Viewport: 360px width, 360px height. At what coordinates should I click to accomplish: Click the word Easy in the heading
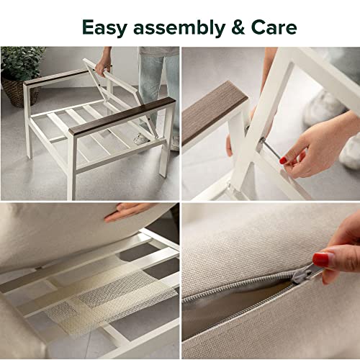click(104, 28)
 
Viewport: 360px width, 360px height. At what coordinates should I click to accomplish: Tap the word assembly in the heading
click(179, 27)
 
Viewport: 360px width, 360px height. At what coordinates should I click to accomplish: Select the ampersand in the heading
click(238, 27)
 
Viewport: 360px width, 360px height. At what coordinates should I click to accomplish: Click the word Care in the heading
click(274, 27)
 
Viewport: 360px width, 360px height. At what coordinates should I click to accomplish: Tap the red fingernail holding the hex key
click(283, 160)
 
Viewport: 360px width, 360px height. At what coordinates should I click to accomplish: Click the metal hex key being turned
click(271, 150)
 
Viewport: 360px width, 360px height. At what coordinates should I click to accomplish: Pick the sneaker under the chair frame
click(142, 140)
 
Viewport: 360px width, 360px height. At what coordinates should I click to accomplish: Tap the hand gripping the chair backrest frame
click(103, 66)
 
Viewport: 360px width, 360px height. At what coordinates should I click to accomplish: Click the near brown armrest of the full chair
click(122, 117)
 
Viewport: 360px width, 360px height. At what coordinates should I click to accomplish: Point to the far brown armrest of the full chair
click(57, 77)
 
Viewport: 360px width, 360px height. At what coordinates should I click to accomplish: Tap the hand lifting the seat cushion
click(126, 211)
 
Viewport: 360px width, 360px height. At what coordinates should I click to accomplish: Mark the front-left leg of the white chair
click(72, 167)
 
